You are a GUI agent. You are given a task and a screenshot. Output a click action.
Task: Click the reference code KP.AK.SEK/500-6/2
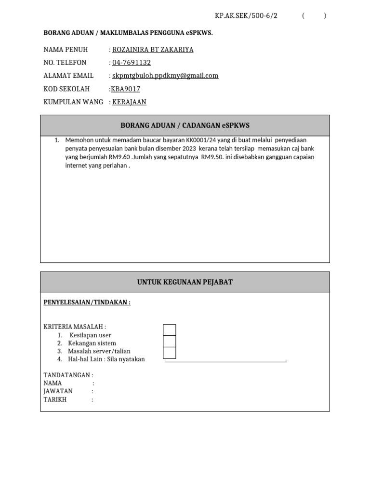(x=246, y=15)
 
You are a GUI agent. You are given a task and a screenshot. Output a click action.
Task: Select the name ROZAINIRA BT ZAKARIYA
(x=153, y=50)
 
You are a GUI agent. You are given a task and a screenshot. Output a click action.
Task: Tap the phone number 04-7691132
(x=132, y=63)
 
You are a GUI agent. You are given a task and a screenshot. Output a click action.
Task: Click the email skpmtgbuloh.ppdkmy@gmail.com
(x=165, y=76)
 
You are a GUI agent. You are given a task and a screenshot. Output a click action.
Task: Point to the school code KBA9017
(x=125, y=89)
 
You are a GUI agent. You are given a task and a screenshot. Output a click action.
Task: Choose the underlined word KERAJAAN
(x=129, y=102)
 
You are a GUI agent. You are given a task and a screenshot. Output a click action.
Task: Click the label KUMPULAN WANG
(x=73, y=102)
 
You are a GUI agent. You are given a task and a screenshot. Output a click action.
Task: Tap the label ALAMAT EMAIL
(x=68, y=76)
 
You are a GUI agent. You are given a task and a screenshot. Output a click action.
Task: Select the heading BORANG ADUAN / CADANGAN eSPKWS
(x=185, y=125)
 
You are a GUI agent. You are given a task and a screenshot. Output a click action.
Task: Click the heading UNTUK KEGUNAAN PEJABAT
(x=185, y=282)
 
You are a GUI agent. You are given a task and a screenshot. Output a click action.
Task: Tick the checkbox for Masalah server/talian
(x=170, y=353)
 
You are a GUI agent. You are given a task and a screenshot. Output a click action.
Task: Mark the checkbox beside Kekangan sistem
(x=170, y=342)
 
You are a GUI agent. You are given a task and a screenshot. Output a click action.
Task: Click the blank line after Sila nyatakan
(x=225, y=359)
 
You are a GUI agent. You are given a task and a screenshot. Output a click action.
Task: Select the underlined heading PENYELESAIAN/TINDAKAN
(x=87, y=302)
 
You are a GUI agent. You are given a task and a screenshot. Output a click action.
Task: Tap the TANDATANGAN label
(x=68, y=375)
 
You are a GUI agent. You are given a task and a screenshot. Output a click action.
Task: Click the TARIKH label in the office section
(x=55, y=399)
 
